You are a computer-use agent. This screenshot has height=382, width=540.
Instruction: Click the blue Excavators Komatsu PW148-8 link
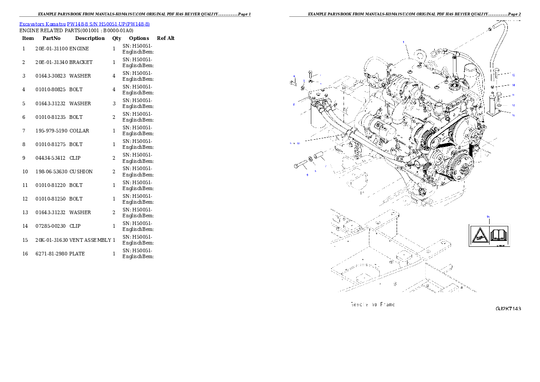pyautogui.click(x=84, y=24)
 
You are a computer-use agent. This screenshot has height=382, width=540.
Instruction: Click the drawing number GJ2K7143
pyautogui.click(x=508, y=309)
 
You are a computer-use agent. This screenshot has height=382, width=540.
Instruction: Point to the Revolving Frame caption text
pyautogui.click(x=372, y=304)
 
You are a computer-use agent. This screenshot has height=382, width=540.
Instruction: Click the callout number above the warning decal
pyautogui.click(x=488, y=217)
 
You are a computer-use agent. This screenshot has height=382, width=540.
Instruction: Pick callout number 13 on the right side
pyautogui.click(x=513, y=74)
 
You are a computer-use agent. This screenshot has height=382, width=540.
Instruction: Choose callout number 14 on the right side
pyautogui.click(x=513, y=85)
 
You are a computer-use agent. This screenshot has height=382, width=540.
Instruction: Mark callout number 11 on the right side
pyautogui.click(x=513, y=95)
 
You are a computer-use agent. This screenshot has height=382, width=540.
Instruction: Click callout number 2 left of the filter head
pyautogui.click(x=294, y=104)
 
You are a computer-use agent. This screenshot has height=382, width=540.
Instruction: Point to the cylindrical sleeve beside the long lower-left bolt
pyautogui.click(x=319, y=157)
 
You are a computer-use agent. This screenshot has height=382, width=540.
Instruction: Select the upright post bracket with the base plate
pyautogui.click(x=492, y=107)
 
